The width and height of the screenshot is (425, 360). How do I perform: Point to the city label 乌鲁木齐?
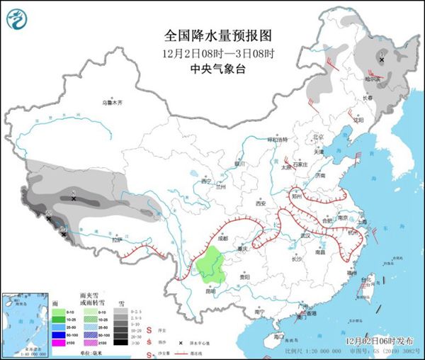(x=111, y=103)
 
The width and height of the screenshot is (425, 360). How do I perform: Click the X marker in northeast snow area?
(x=382, y=60)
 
